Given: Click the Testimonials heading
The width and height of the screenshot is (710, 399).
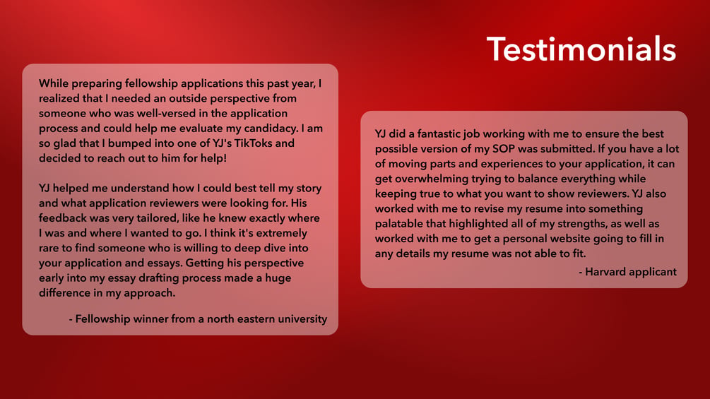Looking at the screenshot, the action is pyautogui.click(x=581, y=49).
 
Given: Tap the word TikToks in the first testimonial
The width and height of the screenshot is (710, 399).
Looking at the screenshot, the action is pyautogui.click(x=253, y=143).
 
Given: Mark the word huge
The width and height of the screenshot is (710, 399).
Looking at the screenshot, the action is pyautogui.click(x=278, y=278).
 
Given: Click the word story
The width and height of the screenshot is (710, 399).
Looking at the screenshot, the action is pyautogui.click(x=309, y=189).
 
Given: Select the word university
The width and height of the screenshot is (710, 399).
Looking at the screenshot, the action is pyautogui.click(x=302, y=319).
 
